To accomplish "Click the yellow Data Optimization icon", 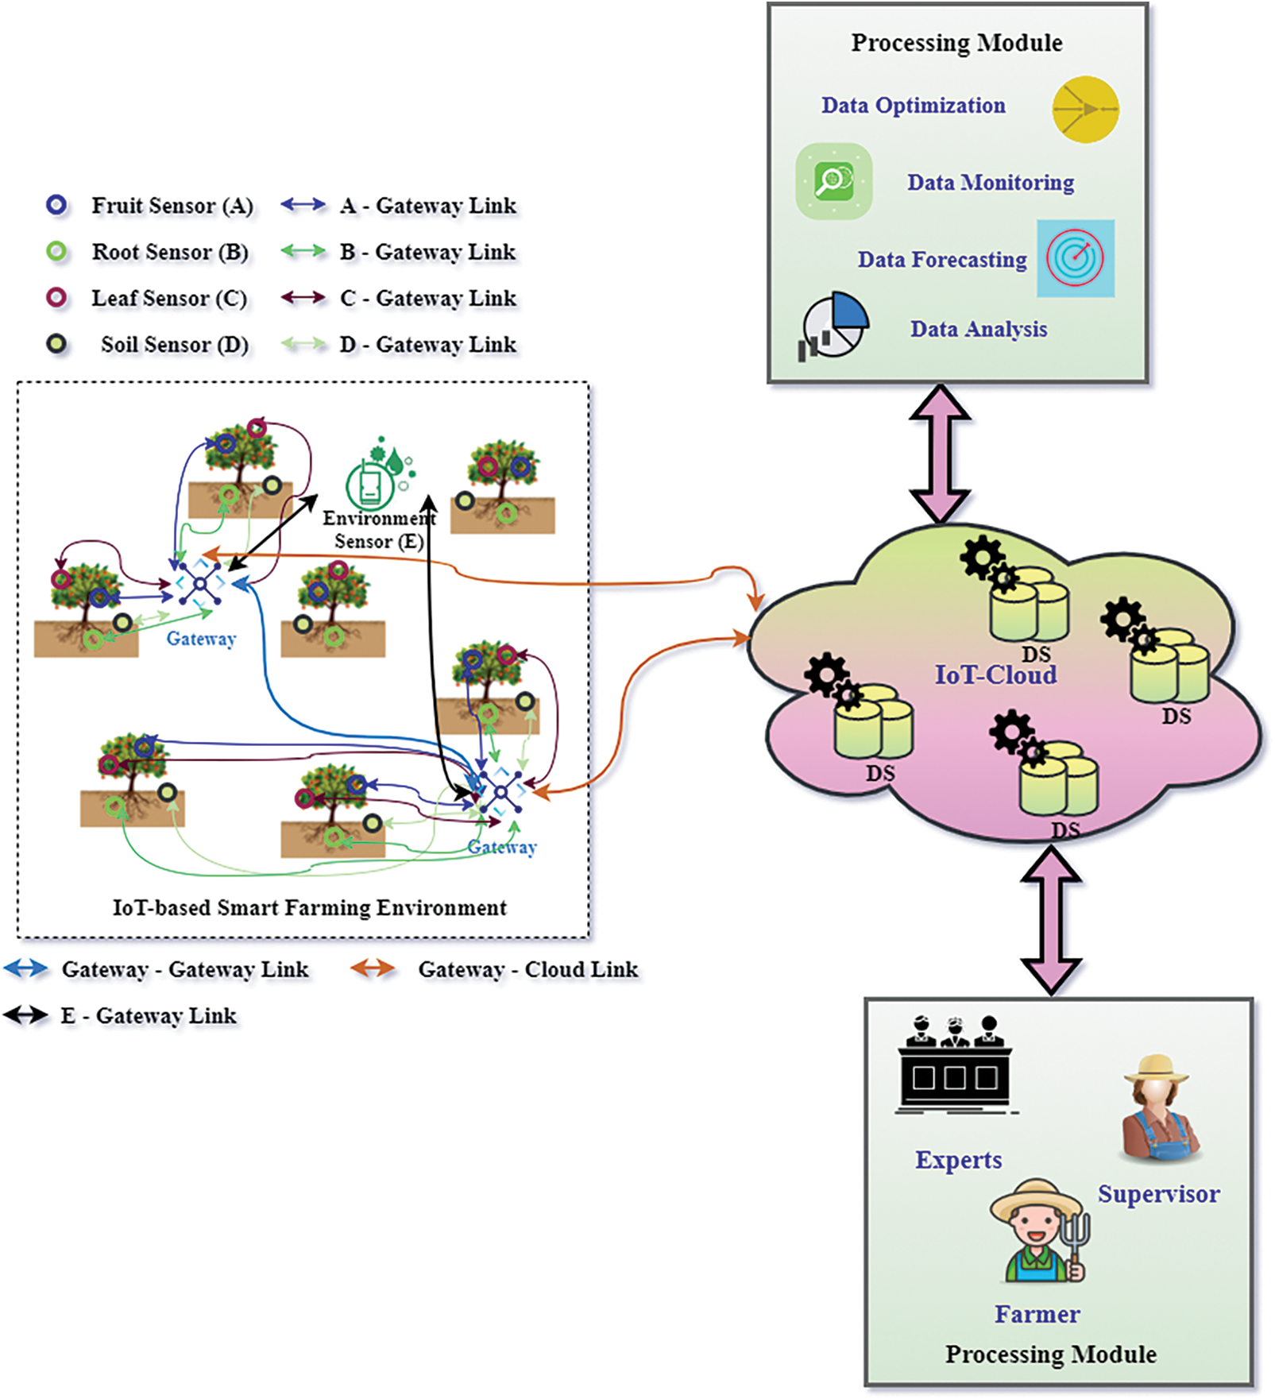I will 1085,110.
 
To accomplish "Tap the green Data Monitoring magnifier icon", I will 833,181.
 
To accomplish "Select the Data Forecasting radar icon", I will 1075,258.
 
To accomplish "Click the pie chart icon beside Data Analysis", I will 834,327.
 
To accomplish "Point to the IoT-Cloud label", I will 995,675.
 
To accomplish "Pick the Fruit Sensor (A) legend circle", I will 56,205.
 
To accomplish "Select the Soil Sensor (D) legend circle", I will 56,344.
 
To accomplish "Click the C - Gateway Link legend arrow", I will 303,298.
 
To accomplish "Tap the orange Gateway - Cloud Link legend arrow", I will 373,968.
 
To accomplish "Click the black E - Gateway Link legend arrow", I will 25,1014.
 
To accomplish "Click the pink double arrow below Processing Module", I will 940,454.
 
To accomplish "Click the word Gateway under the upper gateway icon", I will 201,639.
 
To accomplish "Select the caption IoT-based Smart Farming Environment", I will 309,907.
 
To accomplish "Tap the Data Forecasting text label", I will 941,260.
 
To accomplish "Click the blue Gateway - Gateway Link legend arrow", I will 25,968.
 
